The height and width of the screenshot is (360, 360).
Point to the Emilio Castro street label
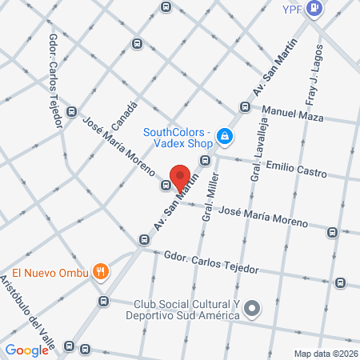[294, 170]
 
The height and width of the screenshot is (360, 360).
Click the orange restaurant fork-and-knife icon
[100, 271]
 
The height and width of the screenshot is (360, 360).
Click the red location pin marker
[181, 179]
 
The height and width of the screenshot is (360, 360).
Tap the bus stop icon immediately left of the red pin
[166, 186]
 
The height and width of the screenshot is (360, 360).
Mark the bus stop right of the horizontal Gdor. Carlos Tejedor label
[341, 282]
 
